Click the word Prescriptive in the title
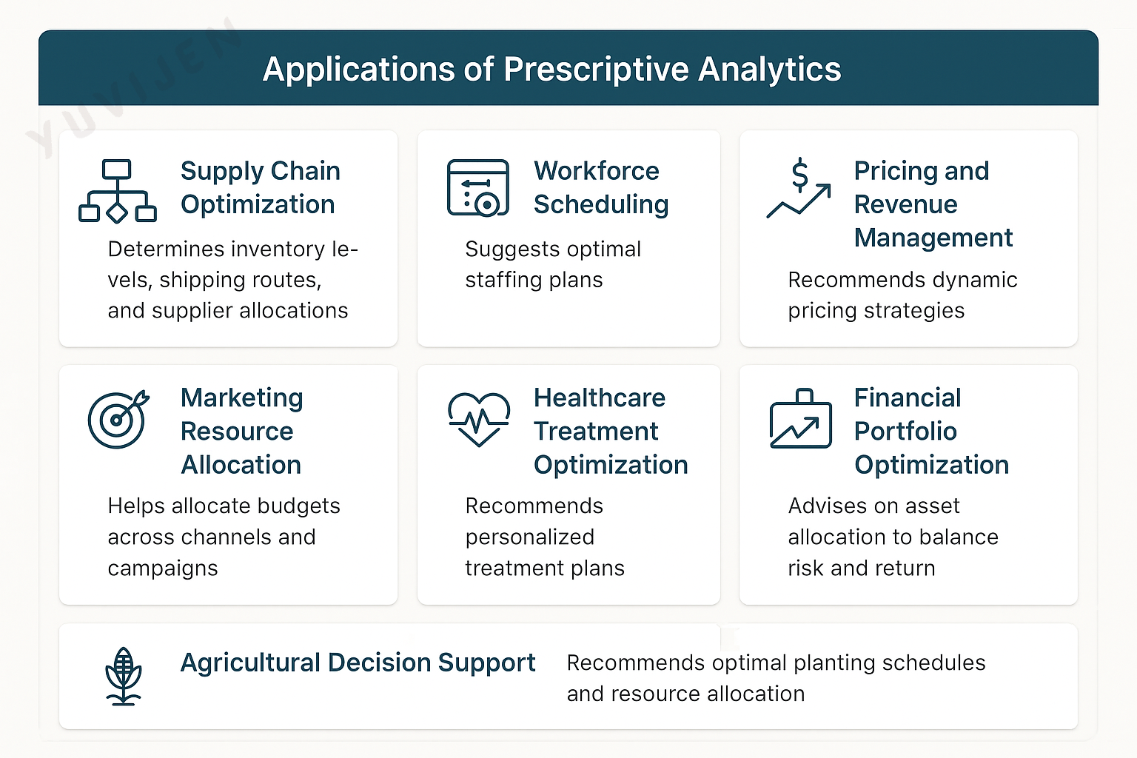pyautogui.click(x=596, y=70)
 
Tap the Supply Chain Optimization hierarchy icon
pyautogui.click(x=117, y=191)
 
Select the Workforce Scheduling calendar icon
pyautogui.click(x=477, y=187)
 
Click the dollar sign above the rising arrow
pyautogui.click(x=800, y=174)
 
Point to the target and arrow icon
pyautogui.click(x=118, y=419)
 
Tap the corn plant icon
pyautogui.click(x=124, y=677)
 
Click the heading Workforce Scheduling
pyautogui.click(x=601, y=187)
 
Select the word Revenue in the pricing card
pyautogui.click(x=905, y=204)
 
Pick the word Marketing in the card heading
pyautogui.click(x=241, y=398)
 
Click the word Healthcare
pyautogui.click(x=599, y=398)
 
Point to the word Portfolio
pyautogui.click(x=905, y=431)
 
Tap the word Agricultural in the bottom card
pyautogui.click(x=250, y=663)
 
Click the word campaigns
pyautogui.click(x=162, y=568)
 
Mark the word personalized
pyautogui.click(x=529, y=537)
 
